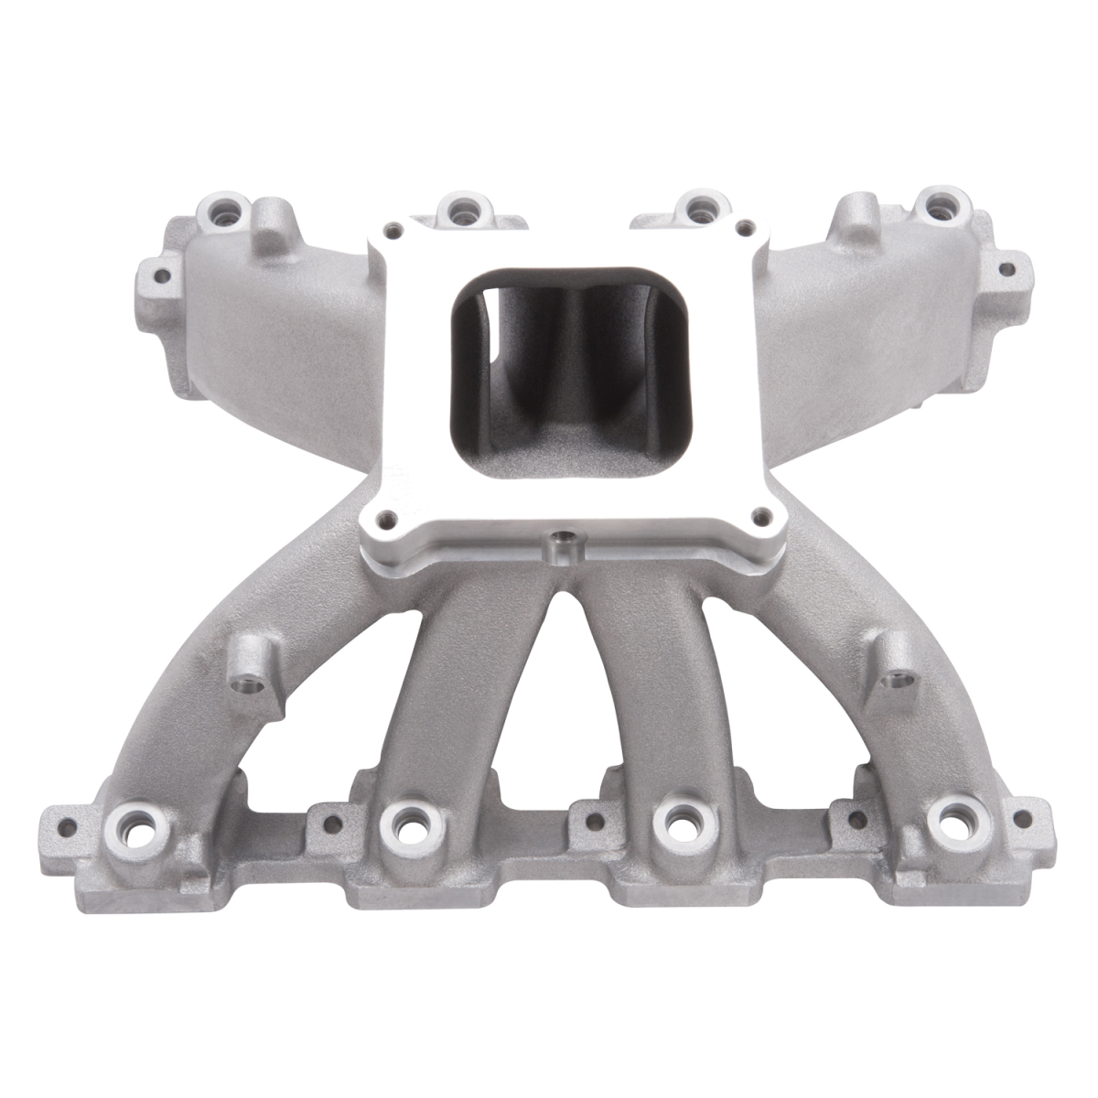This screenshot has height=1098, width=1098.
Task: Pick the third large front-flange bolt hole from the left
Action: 678,815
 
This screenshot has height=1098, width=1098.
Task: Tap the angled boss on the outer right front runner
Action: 889,682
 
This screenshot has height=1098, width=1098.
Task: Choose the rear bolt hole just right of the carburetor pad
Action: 698,204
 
